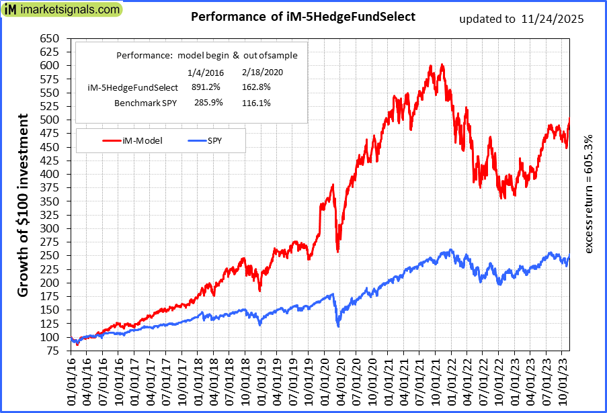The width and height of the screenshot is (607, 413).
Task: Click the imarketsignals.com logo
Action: [63, 10]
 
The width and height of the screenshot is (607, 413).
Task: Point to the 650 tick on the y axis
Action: [49, 38]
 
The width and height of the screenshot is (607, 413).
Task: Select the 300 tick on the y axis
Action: [49, 228]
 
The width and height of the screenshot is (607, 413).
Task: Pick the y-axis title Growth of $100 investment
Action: [23, 205]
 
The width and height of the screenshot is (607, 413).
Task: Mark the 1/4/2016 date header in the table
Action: [200, 72]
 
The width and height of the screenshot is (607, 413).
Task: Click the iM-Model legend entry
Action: [133, 140]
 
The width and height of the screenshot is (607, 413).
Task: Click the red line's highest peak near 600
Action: [442, 64]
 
